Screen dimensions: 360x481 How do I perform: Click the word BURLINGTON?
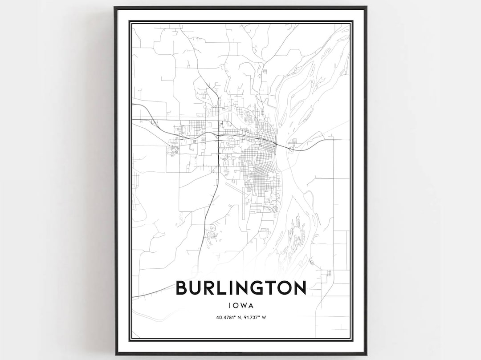point(241,288)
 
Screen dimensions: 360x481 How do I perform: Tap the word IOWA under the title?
point(241,306)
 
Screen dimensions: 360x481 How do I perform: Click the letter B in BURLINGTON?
point(183,288)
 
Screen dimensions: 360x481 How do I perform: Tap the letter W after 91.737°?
point(264,317)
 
